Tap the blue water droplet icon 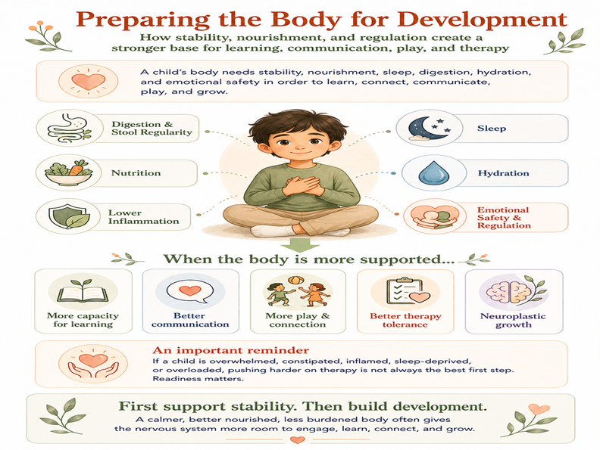click(x=434, y=172)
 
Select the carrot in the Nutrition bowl click(x=80, y=168)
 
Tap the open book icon click(x=83, y=293)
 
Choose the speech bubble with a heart click(x=190, y=292)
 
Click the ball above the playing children click(x=295, y=281)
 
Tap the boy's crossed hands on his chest click(x=302, y=185)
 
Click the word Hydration click(x=503, y=173)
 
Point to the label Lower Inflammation click(x=143, y=216)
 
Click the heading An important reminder click(x=231, y=350)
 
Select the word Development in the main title click(x=482, y=19)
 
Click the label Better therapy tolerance click(x=405, y=320)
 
